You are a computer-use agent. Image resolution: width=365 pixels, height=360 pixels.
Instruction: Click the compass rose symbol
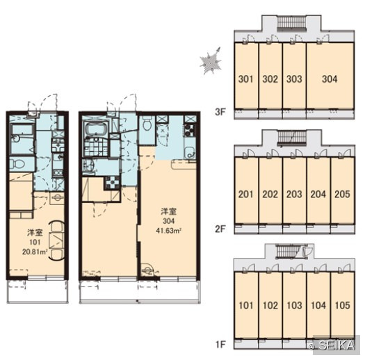pyautogui.click(x=211, y=62)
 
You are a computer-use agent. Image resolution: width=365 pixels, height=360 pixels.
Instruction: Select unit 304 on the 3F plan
pyautogui.click(x=330, y=76)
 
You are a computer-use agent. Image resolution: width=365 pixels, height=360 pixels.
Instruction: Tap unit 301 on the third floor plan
pyautogui.click(x=246, y=76)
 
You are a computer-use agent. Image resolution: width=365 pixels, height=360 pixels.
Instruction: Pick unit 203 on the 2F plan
pyautogui.click(x=295, y=190)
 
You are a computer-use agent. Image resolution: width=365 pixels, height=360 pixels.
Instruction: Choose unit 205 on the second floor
pyautogui.click(x=343, y=190)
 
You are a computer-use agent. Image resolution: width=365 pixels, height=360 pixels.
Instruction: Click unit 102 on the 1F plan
pyautogui.click(x=270, y=305)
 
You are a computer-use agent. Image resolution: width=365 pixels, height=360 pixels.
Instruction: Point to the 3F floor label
pyautogui.click(x=220, y=112)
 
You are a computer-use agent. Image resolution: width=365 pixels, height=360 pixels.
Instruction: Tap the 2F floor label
pyautogui.click(x=220, y=229)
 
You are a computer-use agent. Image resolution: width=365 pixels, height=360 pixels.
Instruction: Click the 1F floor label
pyautogui.click(x=220, y=344)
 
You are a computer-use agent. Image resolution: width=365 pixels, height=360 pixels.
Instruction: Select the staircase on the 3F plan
pyautogui.click(x=291, y=24)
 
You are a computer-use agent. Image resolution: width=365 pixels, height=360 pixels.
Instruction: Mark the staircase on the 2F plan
pyautogui.click(x=292, y=138)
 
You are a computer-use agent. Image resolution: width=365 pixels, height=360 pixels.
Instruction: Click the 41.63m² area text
pyautogui.click(x=168, y=231)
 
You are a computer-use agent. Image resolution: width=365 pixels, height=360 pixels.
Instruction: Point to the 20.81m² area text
pyautogui.click(x=35, y=252)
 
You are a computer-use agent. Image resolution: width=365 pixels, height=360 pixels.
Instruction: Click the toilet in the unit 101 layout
pyautogui.click(x=17, y=164)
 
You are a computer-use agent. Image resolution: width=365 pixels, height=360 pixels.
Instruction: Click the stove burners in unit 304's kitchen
pyautogui.click(x=190, y=131)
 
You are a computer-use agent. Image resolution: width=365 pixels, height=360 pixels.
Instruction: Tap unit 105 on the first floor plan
pyautogui.click(x=343, y=305)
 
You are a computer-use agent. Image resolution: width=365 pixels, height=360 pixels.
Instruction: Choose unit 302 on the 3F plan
pyautogui.click(x=270, y=76)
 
